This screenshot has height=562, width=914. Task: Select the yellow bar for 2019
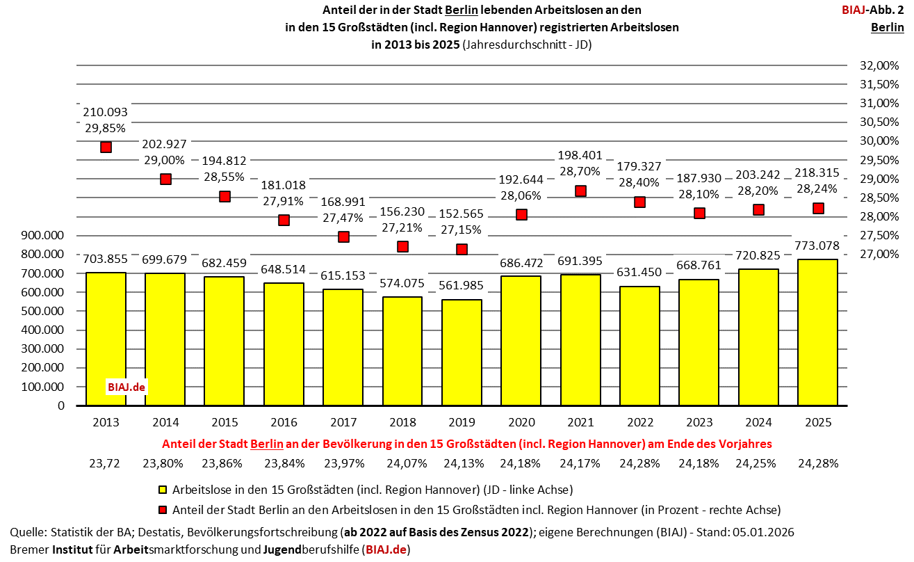click(x=462, y=353)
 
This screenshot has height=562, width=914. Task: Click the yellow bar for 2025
click(x=817, y=332)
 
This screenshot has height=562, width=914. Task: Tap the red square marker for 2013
click(x=106, y=147)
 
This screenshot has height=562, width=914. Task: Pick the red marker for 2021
click(x=580, y=191)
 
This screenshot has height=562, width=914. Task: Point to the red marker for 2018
click(x=402, y=246)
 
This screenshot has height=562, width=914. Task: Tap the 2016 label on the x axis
click(x=284, y=422)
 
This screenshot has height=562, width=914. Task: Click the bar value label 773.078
click(x=817, y=246)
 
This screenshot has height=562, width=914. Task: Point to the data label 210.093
click(x=106, y=112)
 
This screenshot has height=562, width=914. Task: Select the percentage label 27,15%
click(x=462, y=229)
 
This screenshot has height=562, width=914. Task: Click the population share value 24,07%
click(x=402, y=463)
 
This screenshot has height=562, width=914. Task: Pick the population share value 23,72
click(x=104, y=463)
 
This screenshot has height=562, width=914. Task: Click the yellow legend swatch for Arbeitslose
click(x=164, y=490)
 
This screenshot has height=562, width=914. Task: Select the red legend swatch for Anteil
click(x=164, y=509)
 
